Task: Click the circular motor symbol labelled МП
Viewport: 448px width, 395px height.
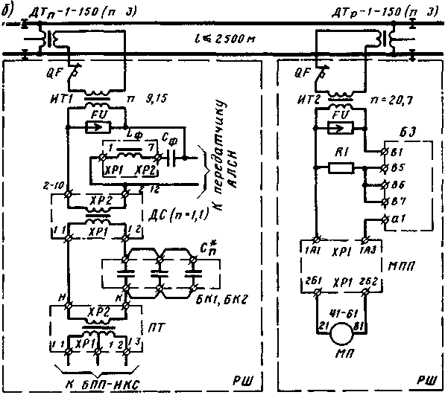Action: (344, 340)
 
